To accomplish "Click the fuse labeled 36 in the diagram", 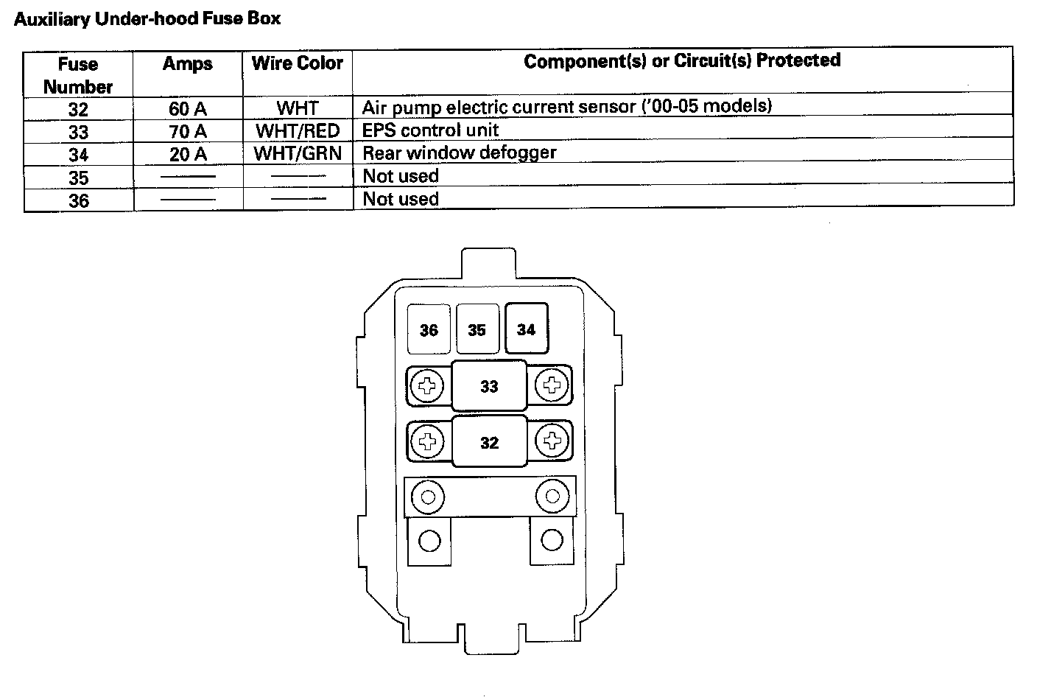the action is pos(429,329).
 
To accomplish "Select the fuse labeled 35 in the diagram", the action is pos(477,329).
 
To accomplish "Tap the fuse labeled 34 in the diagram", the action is pos(526,329).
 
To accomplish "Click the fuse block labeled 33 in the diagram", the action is pos(489,385).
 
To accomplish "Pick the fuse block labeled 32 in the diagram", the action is pos(489,442).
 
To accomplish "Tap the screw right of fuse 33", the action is pos(551,385).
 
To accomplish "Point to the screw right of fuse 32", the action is pos(551,441).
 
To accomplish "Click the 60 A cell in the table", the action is pos(188,109).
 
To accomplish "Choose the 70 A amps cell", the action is pos(188,132).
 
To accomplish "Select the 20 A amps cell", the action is pos(188,155).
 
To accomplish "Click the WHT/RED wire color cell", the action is pos(298,132).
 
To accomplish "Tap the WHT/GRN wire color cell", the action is pos(298,155).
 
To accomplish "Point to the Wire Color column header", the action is pos(298,63).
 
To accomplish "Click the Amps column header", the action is pos(188,64).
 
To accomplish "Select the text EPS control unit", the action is pos(430,130).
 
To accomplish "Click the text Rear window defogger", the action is pos(459,153).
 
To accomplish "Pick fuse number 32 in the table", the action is pos(78,110).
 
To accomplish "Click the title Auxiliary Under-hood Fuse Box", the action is pos(147,19).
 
